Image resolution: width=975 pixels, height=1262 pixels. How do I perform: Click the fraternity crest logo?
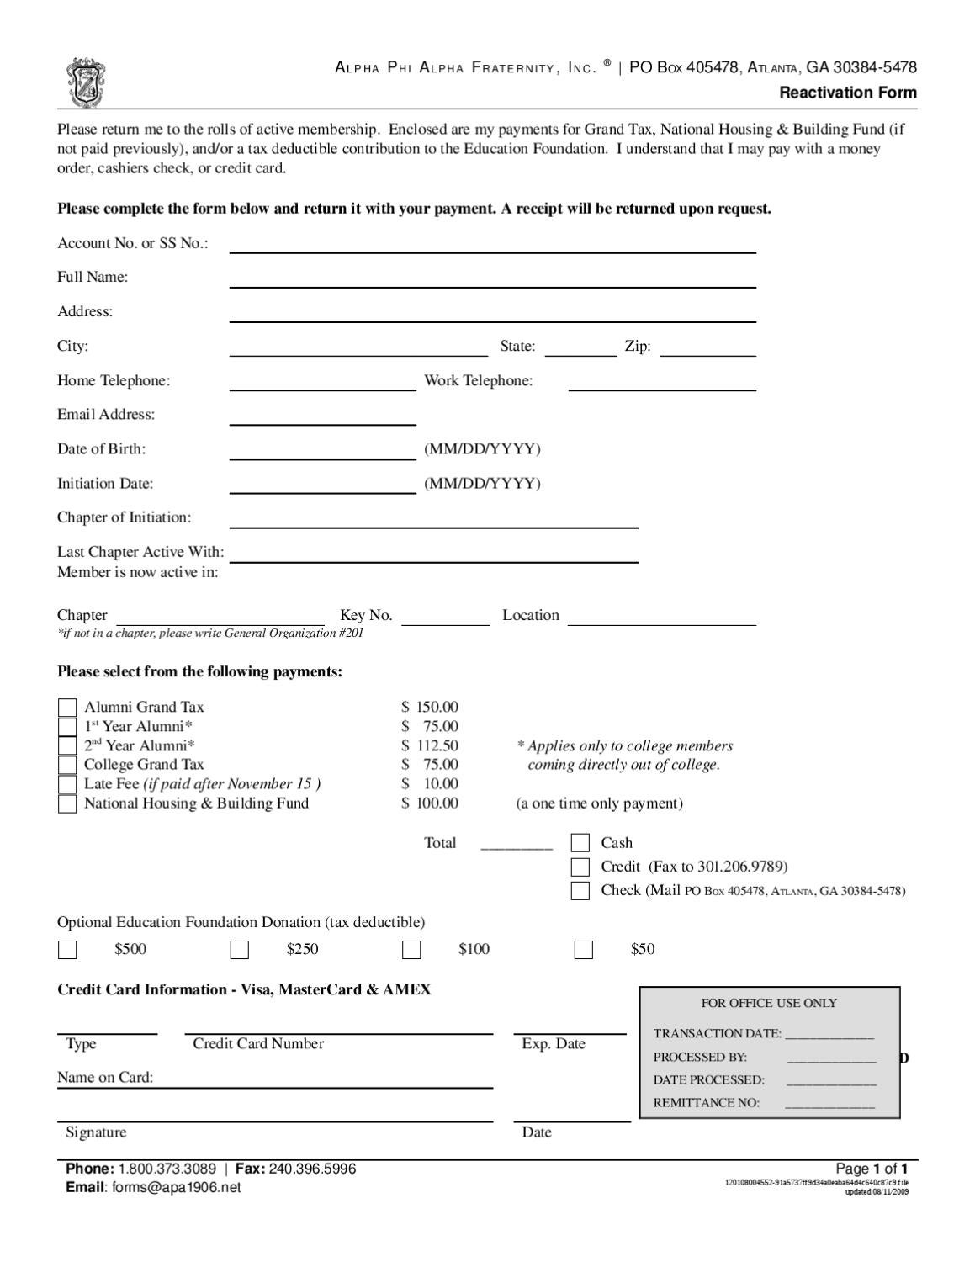[x=86, y=82]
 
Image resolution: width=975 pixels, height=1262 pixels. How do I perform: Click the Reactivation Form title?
[x=847, y=93]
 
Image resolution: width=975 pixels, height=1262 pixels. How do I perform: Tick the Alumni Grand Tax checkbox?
[x=67, y=708]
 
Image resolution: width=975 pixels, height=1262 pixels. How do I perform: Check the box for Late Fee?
[x=67, y=784]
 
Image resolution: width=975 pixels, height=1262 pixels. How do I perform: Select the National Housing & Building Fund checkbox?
[x=67, y=803]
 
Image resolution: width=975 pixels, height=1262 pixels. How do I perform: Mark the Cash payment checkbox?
[x=580, y=843]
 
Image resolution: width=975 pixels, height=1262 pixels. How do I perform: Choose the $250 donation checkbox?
[x=240, y=950]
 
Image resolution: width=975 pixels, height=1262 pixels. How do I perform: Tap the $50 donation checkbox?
[x=584, y=950]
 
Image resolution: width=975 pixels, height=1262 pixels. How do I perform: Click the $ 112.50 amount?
[x=430, y=745]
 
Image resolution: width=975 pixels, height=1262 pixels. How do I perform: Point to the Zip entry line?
[x=707, y=349]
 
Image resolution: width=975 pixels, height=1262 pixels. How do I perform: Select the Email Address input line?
[x=322, y=417]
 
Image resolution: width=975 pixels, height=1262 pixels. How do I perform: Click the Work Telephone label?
[x=478, y=380]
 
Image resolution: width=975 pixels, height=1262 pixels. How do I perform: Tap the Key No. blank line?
[x=445, y=618]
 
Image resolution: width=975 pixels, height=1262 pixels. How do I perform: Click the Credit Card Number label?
[x=258, y=1044]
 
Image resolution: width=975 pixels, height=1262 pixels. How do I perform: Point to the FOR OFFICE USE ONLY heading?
[x=769, y=1003]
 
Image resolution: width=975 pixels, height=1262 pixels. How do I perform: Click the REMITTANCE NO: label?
[x=706, y=1103]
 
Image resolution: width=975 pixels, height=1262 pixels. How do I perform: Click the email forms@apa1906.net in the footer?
[x=176, y=1187]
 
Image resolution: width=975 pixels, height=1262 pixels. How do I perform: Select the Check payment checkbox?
[x=580, y=891]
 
